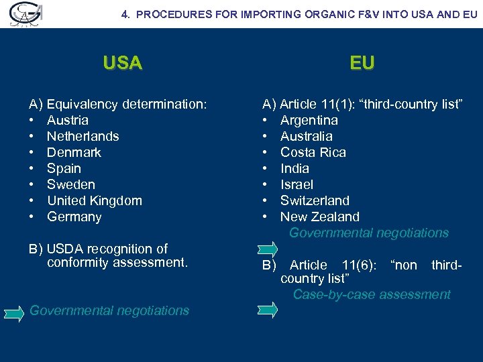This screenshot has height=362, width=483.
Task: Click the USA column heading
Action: point(123,64)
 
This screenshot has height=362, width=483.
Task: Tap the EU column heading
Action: point(362,64)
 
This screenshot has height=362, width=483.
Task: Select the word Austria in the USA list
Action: point(68,121)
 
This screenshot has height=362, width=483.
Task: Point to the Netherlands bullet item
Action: point(83,137)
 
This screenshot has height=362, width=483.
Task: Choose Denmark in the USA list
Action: point(74,153)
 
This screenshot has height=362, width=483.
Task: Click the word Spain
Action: point(64,169)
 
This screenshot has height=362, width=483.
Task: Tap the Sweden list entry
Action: point(71,185)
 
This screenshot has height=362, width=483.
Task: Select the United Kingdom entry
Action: point(95,201)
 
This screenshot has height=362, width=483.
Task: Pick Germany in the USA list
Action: point(74,217)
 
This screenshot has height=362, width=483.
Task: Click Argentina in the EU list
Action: point(309,121)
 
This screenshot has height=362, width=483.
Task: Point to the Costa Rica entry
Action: point(313,153)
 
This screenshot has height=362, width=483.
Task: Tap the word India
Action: point(294,169)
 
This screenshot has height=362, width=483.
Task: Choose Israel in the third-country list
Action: point(297,185)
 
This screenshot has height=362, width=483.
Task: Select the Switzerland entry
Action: point(315,201)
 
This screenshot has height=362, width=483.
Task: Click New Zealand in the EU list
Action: point(320,217)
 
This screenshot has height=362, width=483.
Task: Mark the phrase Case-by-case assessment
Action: point(372,295)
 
